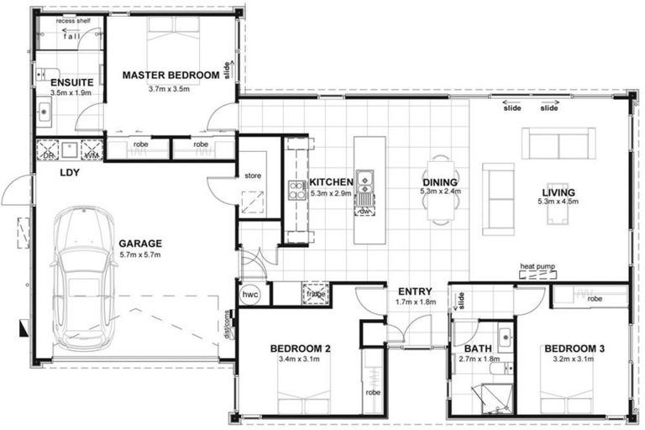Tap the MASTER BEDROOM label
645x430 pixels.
click(171, 75)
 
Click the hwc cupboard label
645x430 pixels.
click(250, 296)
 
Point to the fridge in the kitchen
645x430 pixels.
click(316, 294)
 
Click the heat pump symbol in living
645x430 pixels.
click(537, 275)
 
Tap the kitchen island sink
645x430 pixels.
click(364, 179)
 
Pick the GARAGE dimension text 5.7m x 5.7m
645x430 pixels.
click(140, 254)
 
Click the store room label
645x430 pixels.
click(254, 176)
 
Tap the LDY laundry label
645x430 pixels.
click(69, 173)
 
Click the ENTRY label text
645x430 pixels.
click(415, 291)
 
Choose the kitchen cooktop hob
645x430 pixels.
click(296, 190)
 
